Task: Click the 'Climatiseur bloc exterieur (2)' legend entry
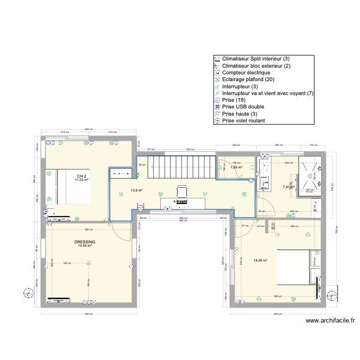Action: pos(256,65)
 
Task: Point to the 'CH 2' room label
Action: pos(81,176)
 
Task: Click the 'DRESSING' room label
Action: pos(84,242)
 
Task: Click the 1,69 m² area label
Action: pos(236,168)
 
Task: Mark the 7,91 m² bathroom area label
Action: pos(288,187)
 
